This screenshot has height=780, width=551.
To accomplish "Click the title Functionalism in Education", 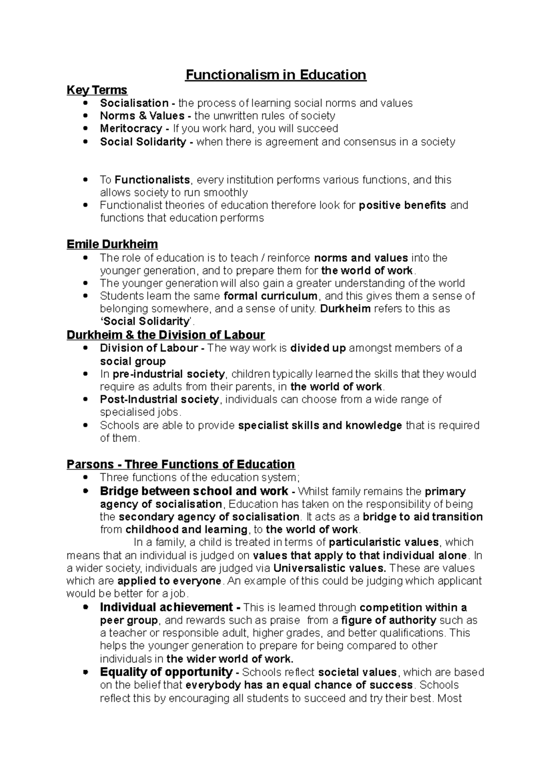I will [275, 75].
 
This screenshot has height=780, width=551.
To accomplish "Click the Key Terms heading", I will [97, 90].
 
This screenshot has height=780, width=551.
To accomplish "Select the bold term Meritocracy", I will [131, 129].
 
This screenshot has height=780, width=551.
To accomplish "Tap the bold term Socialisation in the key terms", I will [134, 103].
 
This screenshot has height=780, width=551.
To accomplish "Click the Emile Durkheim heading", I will [112, 244].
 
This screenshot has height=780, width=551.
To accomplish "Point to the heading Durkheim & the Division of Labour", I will [166, 334].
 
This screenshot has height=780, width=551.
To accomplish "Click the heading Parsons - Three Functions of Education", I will [180, 464].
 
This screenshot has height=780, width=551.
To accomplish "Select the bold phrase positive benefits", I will [402, 205].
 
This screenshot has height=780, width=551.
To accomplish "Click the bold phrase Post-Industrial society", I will [159, 400].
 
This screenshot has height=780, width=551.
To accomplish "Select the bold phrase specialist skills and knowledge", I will [320, 425].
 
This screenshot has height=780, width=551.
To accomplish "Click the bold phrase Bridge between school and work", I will [194, 491].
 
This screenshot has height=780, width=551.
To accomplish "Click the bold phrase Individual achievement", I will [166, 607].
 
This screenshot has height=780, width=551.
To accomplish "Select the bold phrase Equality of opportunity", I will [166, 672].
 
